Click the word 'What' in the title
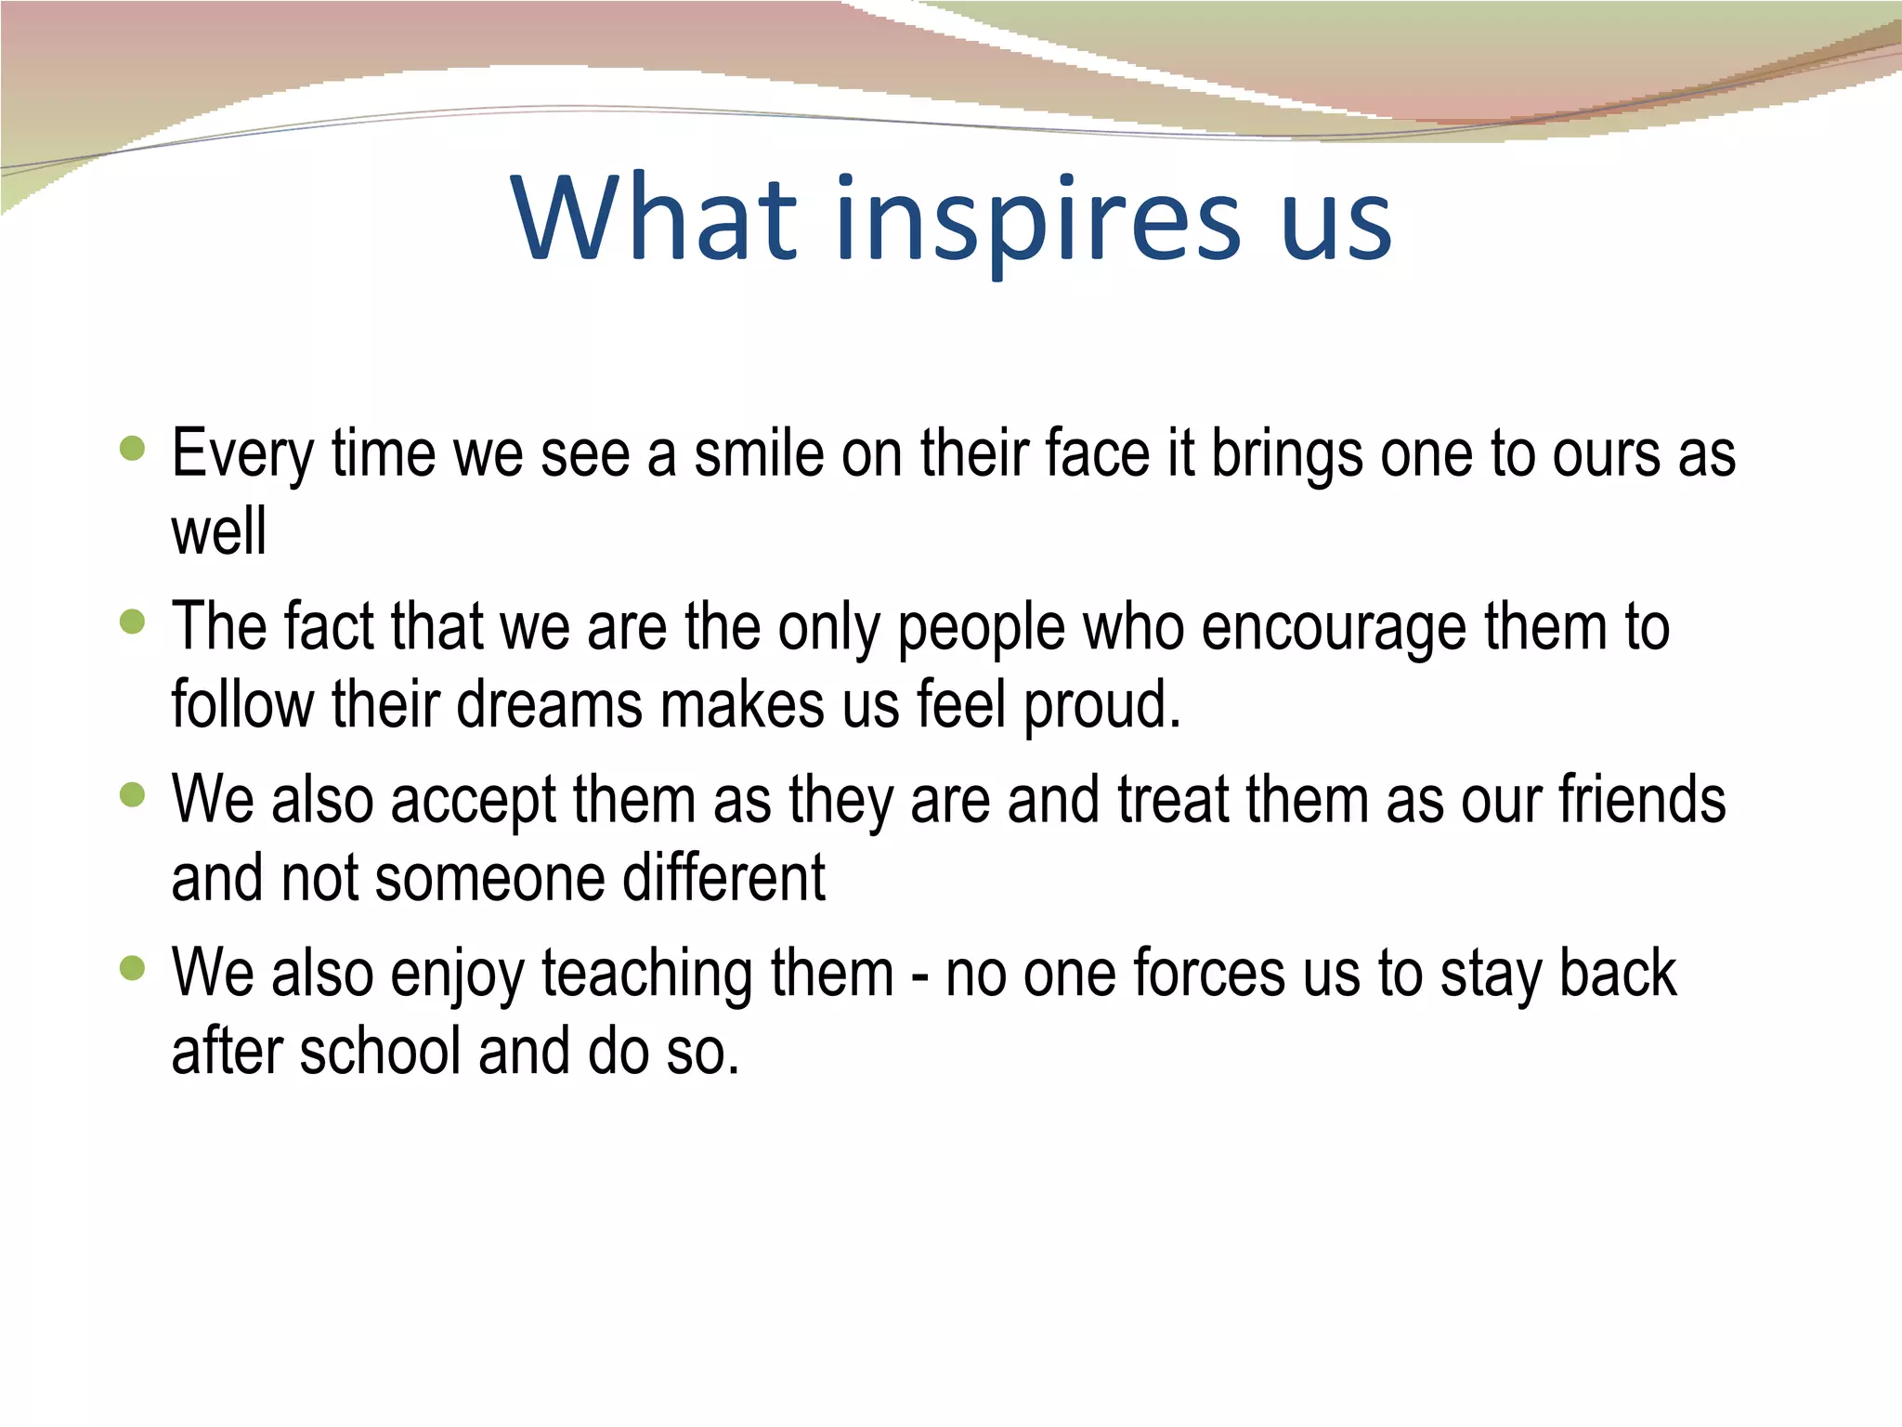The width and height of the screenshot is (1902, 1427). point(655,217)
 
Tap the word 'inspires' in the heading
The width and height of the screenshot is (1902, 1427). point(1037,223)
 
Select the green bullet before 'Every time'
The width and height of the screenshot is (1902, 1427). point(133,449)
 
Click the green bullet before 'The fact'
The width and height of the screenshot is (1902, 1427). point(133,622)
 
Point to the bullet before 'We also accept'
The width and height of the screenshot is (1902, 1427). point(133,795)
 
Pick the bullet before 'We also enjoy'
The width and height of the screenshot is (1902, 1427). point(133,969)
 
